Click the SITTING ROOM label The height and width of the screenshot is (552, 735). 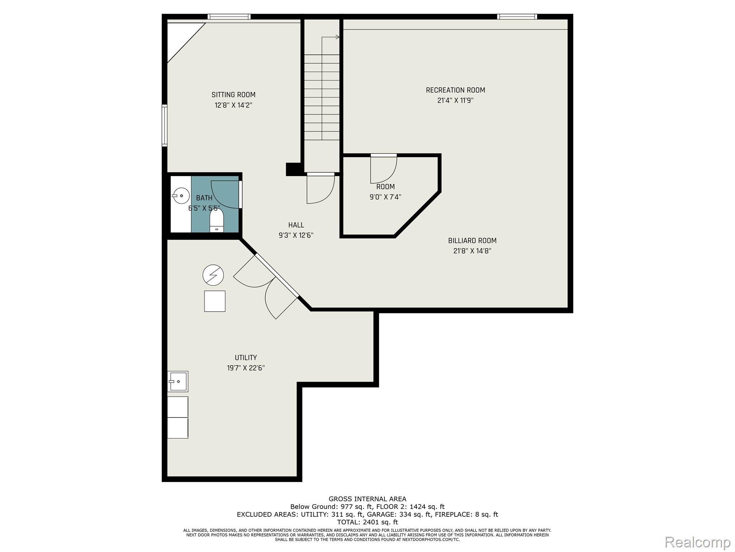233,95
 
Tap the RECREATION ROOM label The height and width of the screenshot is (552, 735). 455,90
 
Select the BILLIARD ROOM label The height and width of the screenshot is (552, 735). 472,241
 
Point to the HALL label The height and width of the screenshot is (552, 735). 296,225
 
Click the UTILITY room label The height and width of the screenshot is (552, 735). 246,358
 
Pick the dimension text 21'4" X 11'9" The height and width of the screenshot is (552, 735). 455,101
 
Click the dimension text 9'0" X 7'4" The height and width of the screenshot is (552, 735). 385,197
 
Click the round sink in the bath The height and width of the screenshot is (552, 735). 181,195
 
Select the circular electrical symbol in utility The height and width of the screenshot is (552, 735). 213,276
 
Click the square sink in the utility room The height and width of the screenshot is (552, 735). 178,381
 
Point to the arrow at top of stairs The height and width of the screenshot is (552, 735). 331,37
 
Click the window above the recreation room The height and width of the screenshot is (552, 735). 517,17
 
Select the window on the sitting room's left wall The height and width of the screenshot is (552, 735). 165,125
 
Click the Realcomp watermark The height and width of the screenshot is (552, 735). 697,542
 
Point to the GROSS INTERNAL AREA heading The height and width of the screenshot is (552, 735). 367,499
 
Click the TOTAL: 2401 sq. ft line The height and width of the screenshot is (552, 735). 367,522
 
